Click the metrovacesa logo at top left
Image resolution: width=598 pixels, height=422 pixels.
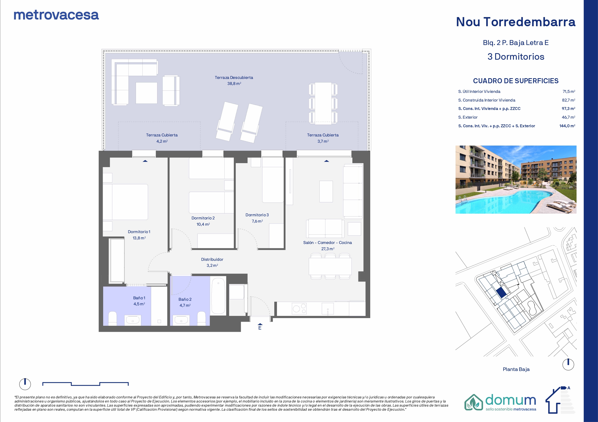(x=56, y=15)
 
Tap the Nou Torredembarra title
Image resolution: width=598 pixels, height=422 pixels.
(x=516, y=22)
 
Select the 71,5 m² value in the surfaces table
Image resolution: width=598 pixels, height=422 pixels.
(x=569, y=91)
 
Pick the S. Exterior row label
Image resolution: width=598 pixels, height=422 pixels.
(x=468, y=117)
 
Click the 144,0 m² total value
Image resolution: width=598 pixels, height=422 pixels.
(x=567, y=126)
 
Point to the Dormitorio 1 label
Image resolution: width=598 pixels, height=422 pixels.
(x=139, y=232)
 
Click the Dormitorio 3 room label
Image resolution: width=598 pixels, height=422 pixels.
(x=257, y=215)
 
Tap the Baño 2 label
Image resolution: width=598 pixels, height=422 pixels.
(x=185, y=299)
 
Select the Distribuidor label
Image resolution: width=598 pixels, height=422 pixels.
(x=212, y=259)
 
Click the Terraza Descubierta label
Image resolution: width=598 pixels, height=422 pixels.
(x=234, y=77)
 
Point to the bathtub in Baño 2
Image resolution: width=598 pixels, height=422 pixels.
(x=218, y=296)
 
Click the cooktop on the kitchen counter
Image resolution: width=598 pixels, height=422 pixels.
(x=299, y=309)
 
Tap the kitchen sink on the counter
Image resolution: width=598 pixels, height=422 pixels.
(x=328, y=309)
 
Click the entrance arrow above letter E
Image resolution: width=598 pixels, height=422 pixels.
(x=260, y=325)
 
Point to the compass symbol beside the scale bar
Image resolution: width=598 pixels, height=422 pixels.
(x=25, y=384)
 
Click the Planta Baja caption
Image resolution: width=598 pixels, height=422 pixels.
(x=516, y=369)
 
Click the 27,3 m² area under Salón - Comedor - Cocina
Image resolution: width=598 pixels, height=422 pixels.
(x=328, y=249)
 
